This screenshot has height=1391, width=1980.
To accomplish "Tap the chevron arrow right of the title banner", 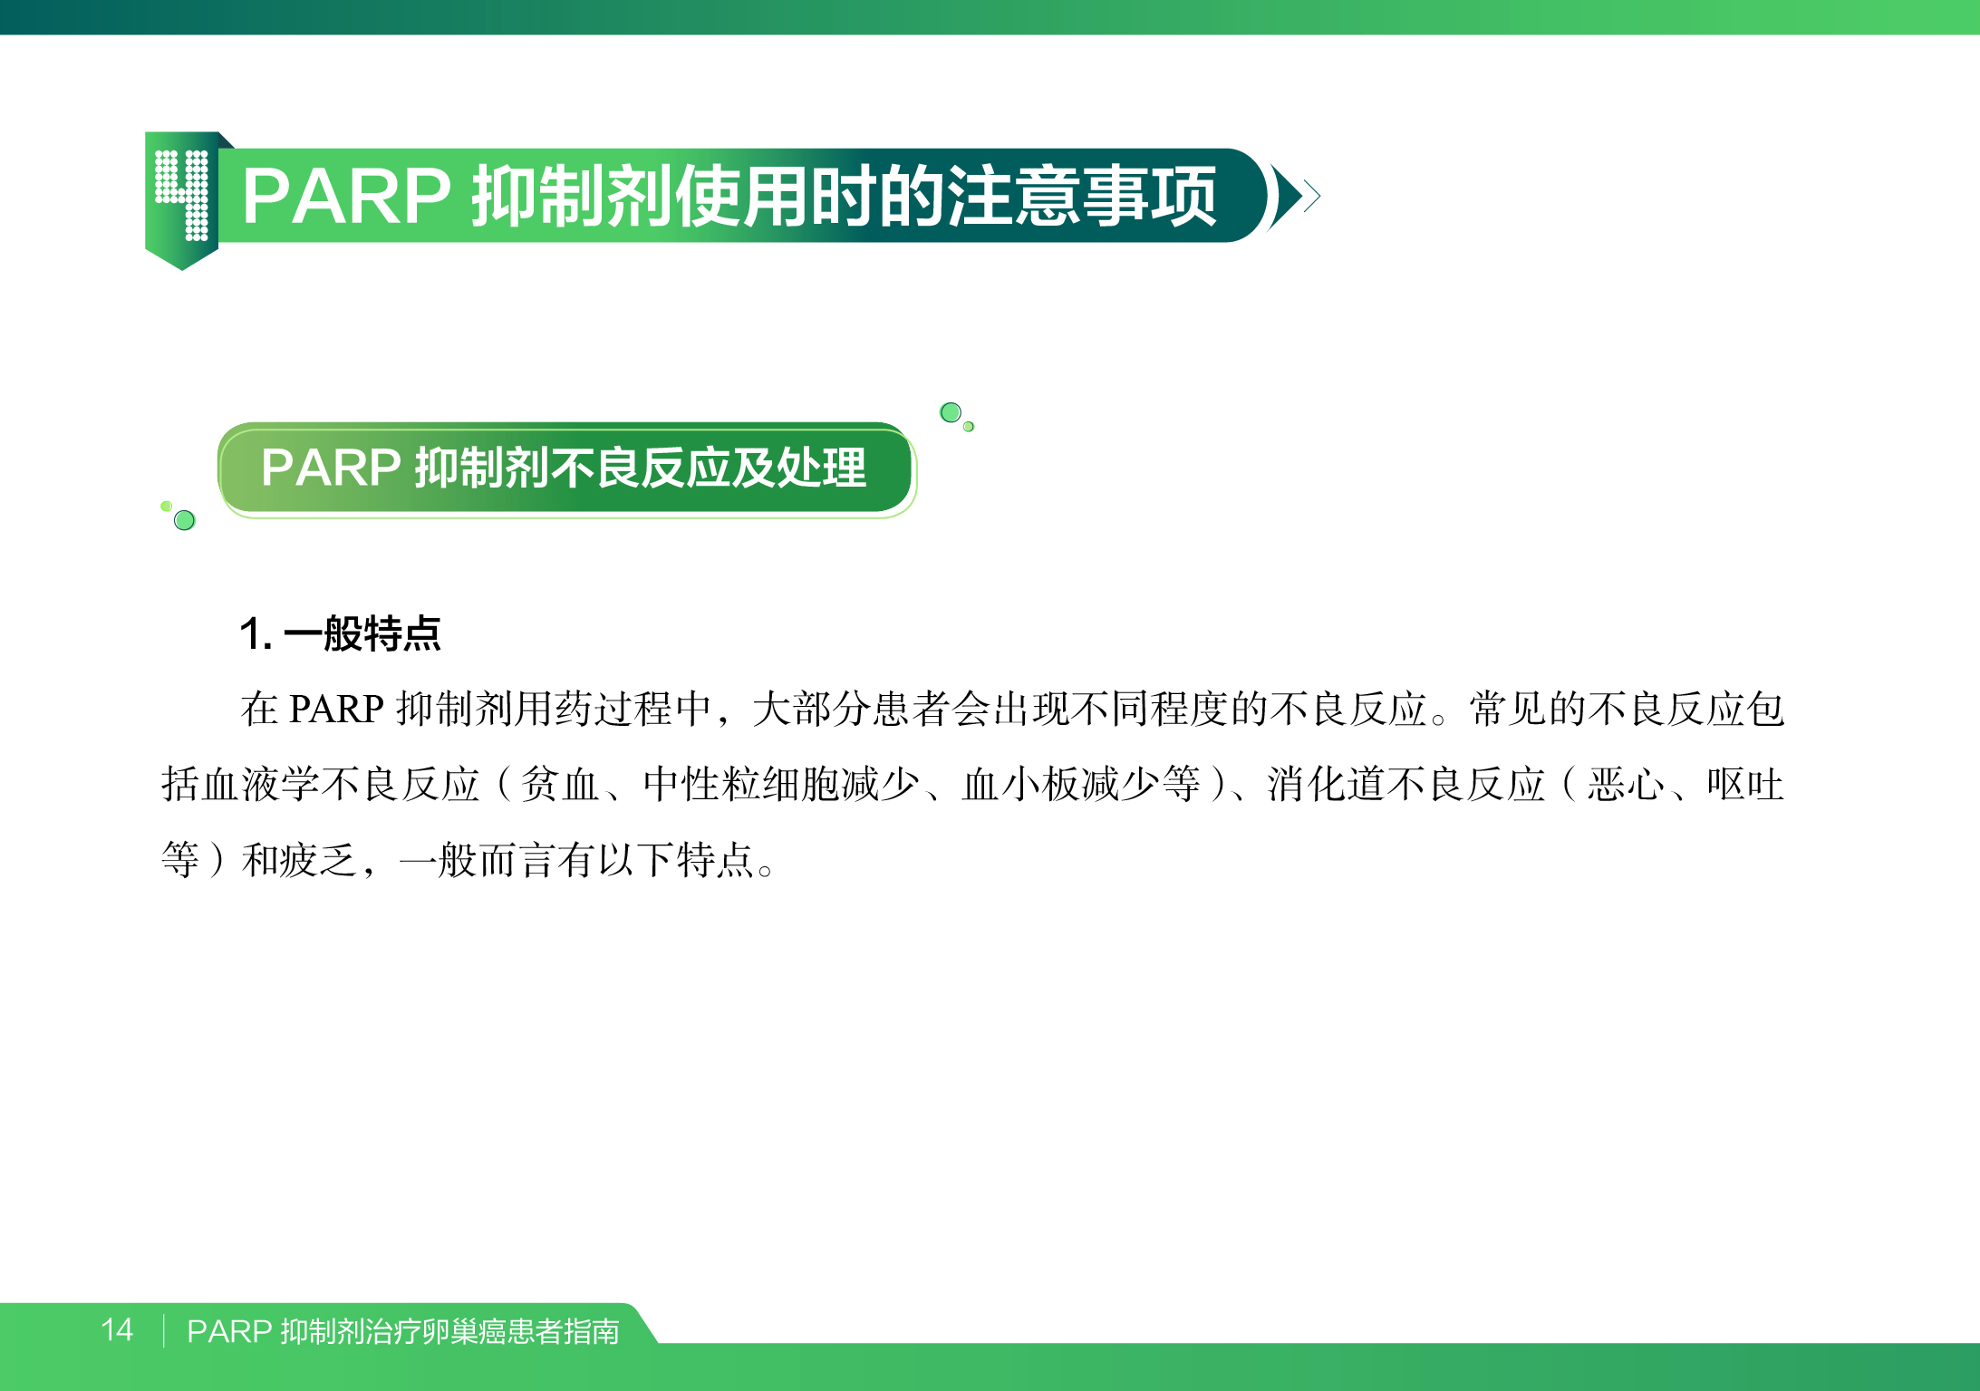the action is click(x=1294, y=196).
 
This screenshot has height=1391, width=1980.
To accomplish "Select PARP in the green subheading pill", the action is click(x=331, y=468).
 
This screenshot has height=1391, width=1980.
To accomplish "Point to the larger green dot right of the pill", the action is click(x=951, y=412).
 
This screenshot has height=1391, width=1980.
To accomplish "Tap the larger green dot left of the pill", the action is click(x=184, y=520).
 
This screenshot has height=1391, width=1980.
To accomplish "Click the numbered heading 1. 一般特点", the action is click(x=340, y=633).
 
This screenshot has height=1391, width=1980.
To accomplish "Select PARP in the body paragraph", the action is click(x=336, y=709).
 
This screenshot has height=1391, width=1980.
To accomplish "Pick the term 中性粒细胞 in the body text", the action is click(x=742, y=784).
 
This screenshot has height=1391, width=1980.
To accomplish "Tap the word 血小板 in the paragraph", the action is click(x=1020, y=784).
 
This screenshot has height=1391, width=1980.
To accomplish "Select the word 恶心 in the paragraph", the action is click(x=1627, y=784).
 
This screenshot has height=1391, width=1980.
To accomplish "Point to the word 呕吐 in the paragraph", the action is click(x=1746, y=784).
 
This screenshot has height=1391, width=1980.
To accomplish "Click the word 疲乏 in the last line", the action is click(x=320, y=859).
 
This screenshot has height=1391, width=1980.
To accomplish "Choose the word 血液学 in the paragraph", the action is click(x=260, y=784).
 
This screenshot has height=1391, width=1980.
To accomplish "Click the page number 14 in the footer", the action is click(x=117, y=1329).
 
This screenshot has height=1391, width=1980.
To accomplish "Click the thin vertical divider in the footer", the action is click(x=164, y=1330).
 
